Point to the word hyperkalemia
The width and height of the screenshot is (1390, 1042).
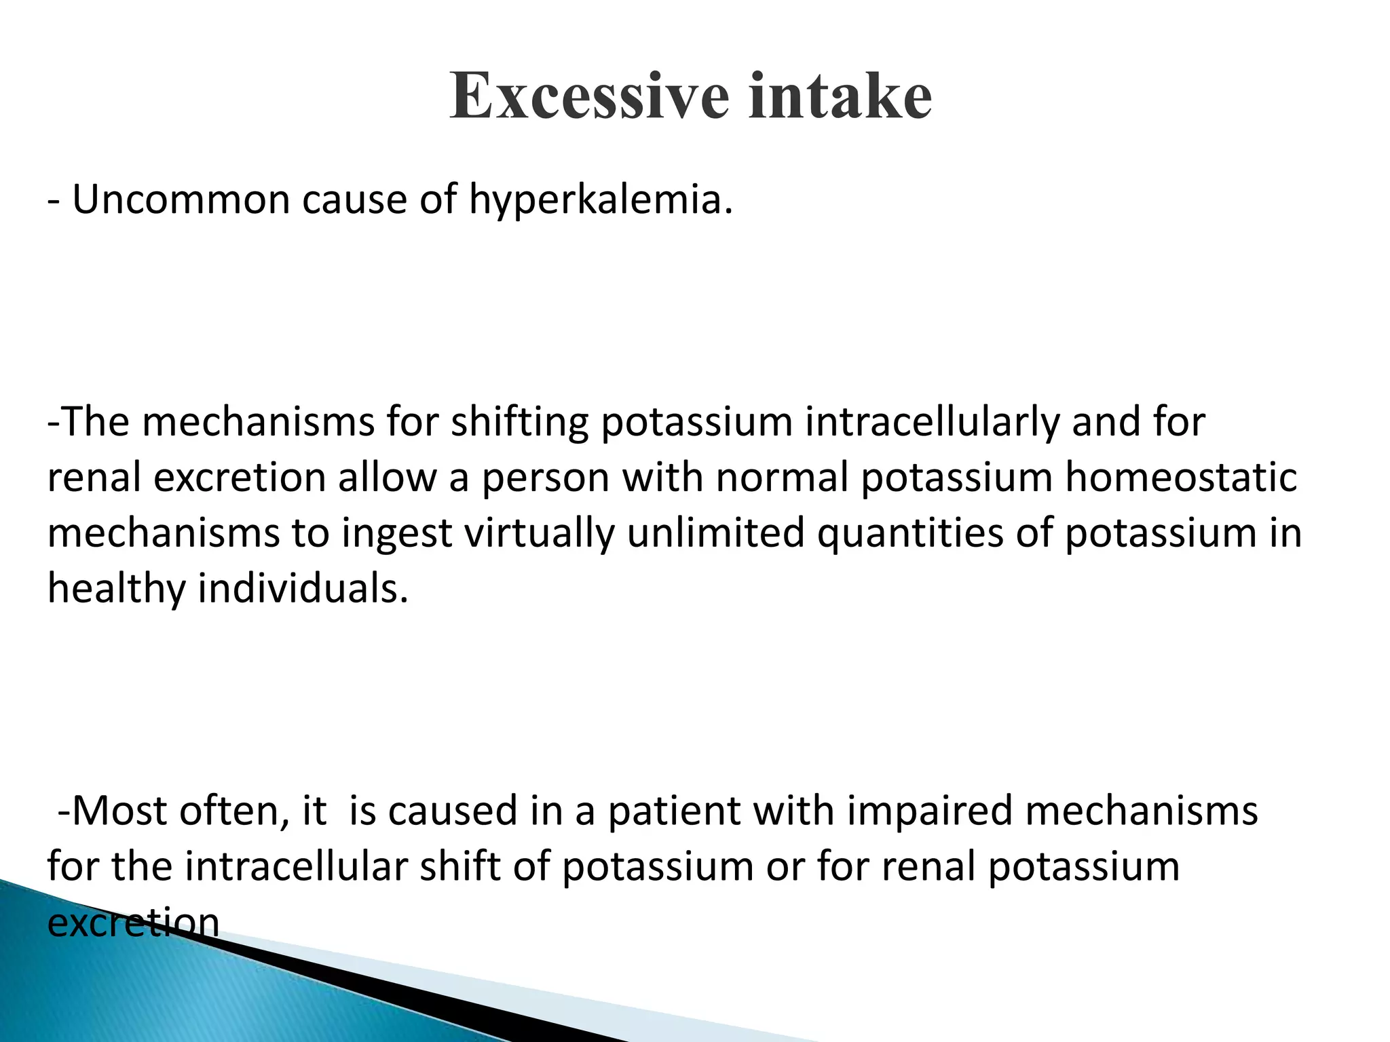(x=601, y=201)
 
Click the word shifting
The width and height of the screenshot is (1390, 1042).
(x=520, y=423)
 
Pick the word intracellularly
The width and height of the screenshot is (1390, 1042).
(x=932, y=423)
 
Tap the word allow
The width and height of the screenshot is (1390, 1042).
(x=388, y=477)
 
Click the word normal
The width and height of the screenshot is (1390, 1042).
(x=781, y=477)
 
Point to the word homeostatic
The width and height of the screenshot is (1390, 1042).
(x=1181, y=477)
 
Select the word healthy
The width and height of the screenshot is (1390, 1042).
(x=116, y=588)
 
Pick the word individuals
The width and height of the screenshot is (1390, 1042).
(x=303, y=588)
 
